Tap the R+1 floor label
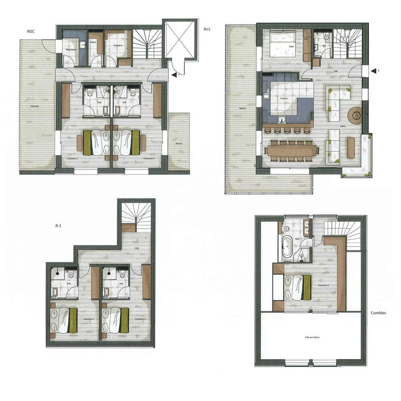207,29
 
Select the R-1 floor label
59,226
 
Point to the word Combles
378,313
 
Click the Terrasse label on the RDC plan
34,106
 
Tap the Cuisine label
284,98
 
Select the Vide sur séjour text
312,337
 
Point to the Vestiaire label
118,45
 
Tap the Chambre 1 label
88,319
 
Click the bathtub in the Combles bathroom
287,247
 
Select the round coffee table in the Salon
355,115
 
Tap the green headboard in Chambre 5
307,287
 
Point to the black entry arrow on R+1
374,71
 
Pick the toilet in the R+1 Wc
326,38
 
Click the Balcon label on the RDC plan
179,143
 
